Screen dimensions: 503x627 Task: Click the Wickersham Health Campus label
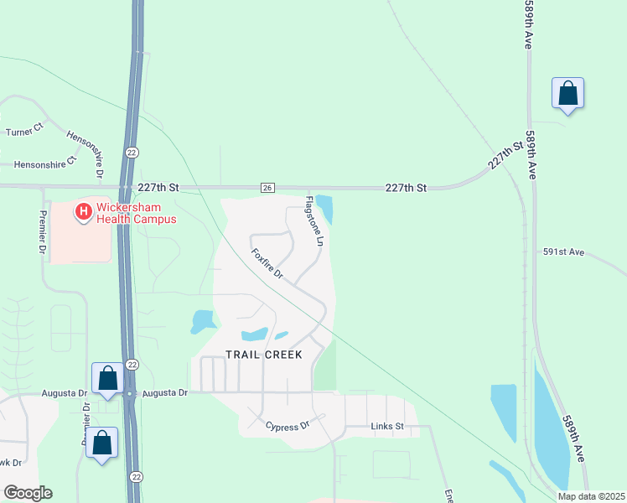pos(136,213)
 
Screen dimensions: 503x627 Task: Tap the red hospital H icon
pos(84,213)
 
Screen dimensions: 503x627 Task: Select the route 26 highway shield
pos(267,187)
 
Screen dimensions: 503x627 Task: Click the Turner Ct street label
pos(24,132)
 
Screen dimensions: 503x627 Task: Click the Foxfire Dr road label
pos(267,263)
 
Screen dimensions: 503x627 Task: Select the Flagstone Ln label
pos(313,220)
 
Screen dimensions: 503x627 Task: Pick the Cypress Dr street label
pos(288,427)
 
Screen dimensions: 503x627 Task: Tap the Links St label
pos(387,427)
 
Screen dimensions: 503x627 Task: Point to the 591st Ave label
pos(562,251)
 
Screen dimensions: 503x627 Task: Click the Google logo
pos(27,493)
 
